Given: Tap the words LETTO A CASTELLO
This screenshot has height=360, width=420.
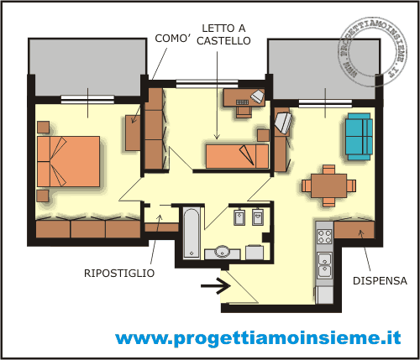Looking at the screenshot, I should pos(223,34).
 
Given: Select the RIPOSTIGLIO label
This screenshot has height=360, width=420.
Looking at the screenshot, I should pos(118,272).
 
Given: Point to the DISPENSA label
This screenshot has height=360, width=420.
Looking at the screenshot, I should pos(380,281).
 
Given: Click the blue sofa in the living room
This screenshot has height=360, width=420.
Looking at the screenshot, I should pos(359,135).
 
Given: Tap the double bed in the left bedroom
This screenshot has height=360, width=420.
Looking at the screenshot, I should pos(70,162).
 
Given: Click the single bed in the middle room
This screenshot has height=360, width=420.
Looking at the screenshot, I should pos(237,155).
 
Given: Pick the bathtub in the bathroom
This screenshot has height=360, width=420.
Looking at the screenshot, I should pos(192,232).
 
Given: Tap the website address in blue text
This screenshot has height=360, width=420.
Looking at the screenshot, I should pos(257,338).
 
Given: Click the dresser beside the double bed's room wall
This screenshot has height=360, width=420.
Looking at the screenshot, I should pos(133,133).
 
